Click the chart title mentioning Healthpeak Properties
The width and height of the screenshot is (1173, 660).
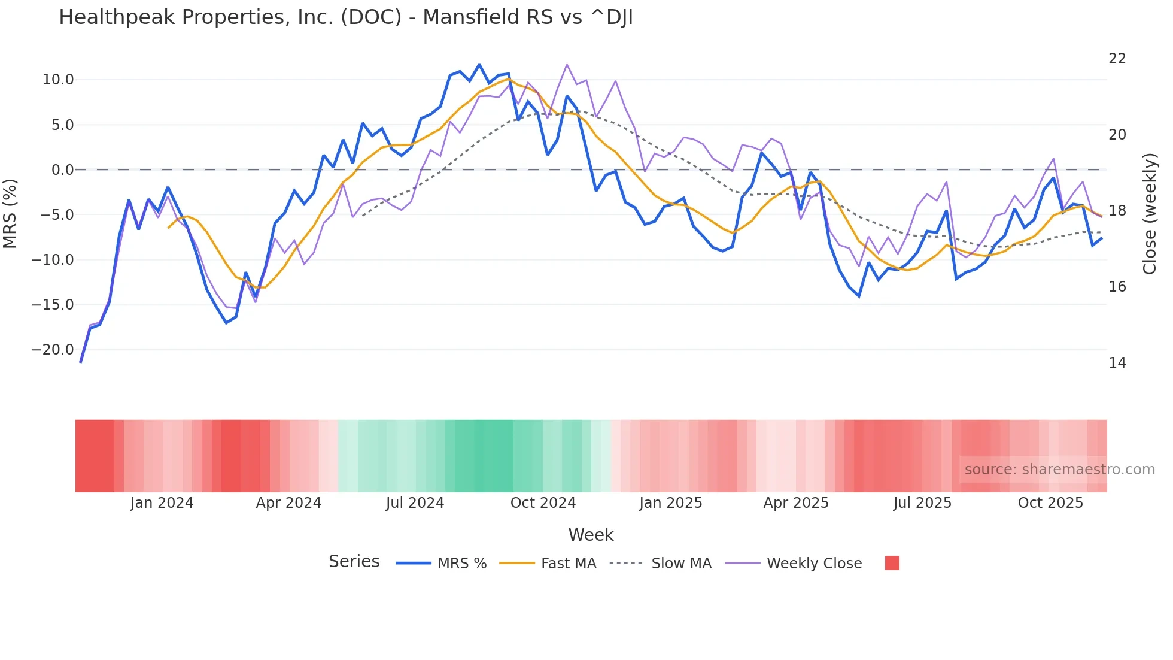click(345, 17)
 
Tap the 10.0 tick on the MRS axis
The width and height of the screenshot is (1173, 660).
click(58, 80)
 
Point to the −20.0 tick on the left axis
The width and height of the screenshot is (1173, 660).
click(53, 350)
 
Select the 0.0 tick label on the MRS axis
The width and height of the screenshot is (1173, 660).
click(62, 170)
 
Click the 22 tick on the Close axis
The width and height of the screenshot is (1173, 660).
click(1117, 59)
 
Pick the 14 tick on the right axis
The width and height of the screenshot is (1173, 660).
click(1117, 363)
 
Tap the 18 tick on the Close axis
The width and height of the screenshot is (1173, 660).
click(1117, 211)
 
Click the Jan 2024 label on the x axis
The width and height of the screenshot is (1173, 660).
click(162, 503)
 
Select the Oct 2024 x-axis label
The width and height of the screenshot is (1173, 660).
click(543, 503)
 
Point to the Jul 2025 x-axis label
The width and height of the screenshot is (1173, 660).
click(922, 503)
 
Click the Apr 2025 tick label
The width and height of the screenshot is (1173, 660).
click(796, 503)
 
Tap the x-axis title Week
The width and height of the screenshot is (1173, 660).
click(591, 535)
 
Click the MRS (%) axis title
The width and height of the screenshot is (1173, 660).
click(10, 213)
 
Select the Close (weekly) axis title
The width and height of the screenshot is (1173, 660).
click(1149, 214)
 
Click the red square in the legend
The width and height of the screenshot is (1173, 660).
click(892, 563)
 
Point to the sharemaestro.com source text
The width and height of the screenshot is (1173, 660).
click(1059, 470)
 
